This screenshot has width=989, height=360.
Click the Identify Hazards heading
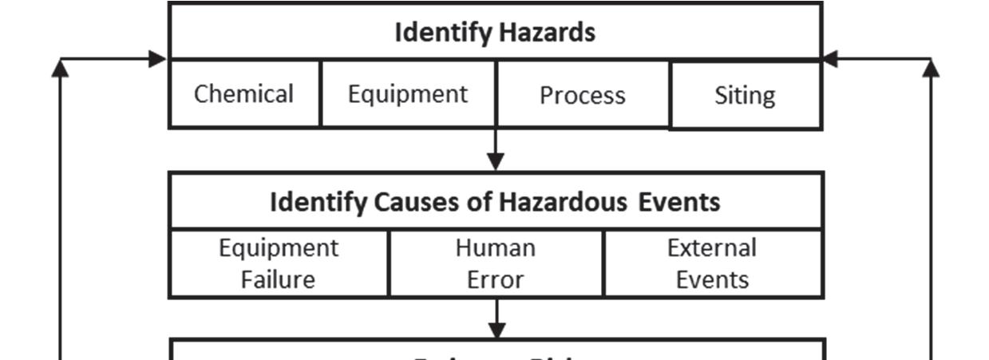tap(495, 33)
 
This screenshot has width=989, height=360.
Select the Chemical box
tap(244, 94)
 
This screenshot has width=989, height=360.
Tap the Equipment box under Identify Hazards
tap(408, 94)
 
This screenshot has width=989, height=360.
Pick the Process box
tap(583, 95)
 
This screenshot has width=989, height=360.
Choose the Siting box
tap(745, 95)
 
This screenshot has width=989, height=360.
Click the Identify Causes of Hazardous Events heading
tap(495, 202)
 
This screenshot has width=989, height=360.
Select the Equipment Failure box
tap(279, 263)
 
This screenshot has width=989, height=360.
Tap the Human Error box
tap(496, 263)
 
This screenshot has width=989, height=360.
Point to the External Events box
tap(712, 263)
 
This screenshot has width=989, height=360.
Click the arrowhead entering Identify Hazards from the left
tap(158, 59)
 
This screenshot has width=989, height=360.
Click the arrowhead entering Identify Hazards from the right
tap(831, 59)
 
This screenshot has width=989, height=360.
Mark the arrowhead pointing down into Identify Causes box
tap(496, 162)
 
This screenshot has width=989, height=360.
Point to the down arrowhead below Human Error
tap(496, 329)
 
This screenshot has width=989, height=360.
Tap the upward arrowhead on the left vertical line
tap(61, 69)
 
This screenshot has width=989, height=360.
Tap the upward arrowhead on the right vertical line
tap(931, 69)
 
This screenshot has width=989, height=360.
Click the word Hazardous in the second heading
tap(564, 202)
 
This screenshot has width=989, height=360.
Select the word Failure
tap(279, 279)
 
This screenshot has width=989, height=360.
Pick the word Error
tap(496, 279)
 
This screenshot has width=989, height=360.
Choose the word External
tap(712, 248)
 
